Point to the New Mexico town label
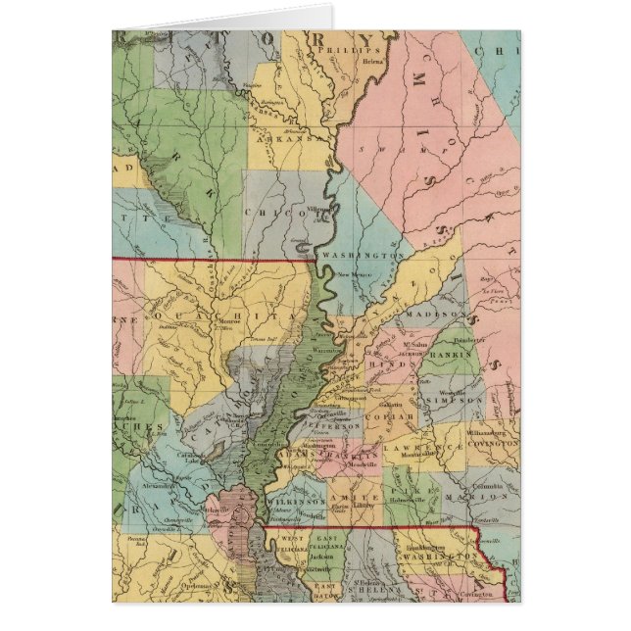point(350,275)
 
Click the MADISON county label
point(435,314)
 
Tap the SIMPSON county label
point(453,401)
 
